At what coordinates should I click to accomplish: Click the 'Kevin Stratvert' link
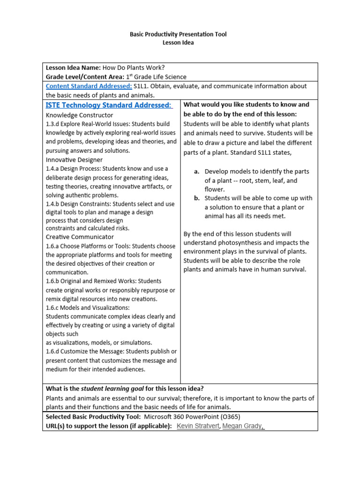click(x=198, y=426)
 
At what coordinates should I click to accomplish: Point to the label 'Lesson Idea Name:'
click(x=73, y=67)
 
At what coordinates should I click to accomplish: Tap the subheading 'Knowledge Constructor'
click(x=80, y=115)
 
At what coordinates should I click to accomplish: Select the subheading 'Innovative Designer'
click(x=74, y=160)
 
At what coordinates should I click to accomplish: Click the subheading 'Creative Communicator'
click(x=80, y=237)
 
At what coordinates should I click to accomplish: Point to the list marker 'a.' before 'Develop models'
click(x=197, y=172)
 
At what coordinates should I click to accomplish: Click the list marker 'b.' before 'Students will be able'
click(x=197, y=198)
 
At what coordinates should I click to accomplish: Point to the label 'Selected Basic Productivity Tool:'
click(x=93, y=417)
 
